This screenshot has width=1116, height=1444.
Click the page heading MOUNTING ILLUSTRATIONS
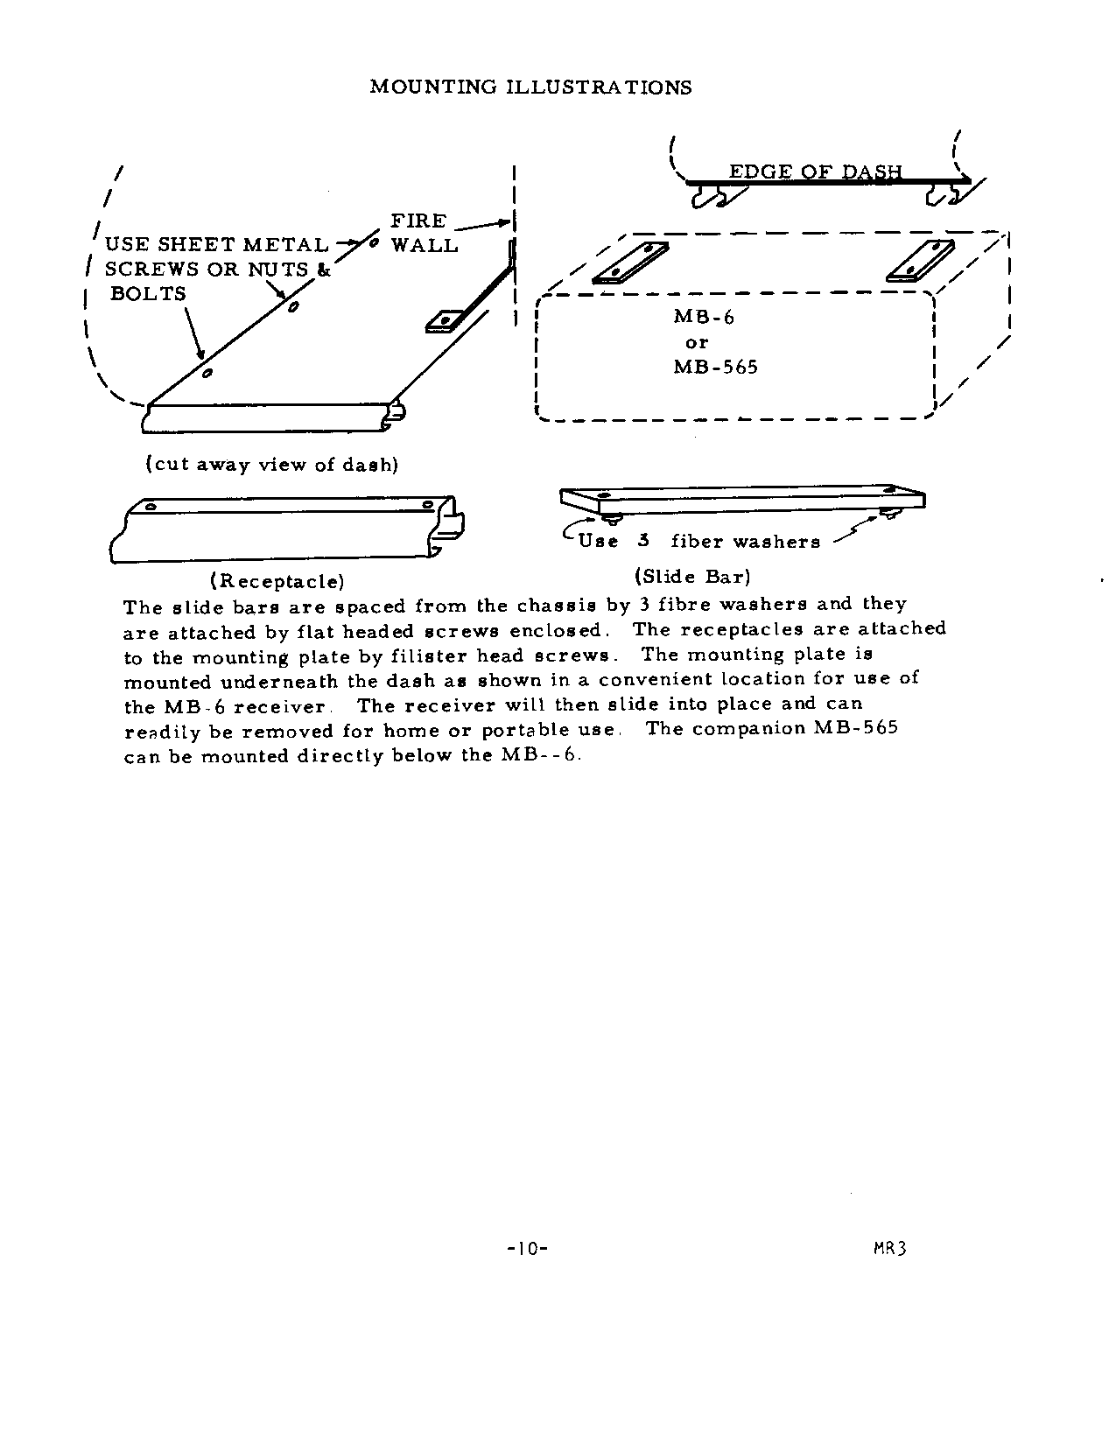click(530, 87)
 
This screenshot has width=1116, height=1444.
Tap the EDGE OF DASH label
click(815, 171)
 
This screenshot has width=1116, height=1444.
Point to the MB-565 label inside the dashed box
click(715, 367)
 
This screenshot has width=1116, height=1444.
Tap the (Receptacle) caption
click(277, 580)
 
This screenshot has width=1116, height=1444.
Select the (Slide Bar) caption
click(692, 576)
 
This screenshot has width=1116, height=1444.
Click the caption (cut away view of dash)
click(271, 464)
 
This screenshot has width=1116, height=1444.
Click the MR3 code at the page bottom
click(888, 1247)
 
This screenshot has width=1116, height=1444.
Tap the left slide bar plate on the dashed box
click(624, 263)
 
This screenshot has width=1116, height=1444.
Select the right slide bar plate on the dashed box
click(920, 261)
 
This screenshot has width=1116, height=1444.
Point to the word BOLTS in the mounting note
click(148, 294)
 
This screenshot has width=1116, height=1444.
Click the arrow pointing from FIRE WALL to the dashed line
click(482, 226)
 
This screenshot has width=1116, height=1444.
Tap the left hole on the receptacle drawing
click(151, 506)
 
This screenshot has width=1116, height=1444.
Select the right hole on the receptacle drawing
click(427, 504)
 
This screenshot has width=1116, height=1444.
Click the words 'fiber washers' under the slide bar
click(745, 542)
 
